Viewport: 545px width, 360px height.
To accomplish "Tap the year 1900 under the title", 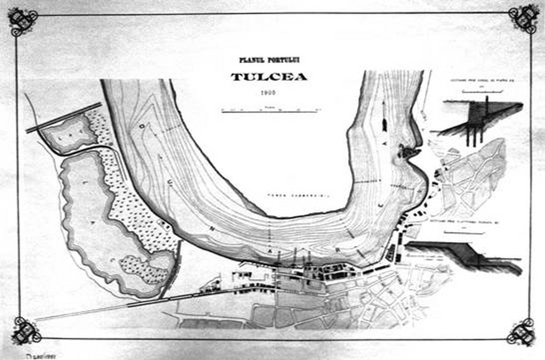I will pyautogui.click(x=268, y=94).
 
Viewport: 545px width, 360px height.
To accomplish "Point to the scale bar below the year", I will pyautogui.click(x=270, y=110).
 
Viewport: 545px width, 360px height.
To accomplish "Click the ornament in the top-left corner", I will pyautogui.click(x=23, y=21).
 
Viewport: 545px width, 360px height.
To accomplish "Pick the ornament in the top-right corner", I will pyautogui.click(x=523, y=18).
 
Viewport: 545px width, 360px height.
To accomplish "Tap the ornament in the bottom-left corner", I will pyautogui.click(x=26, y=331).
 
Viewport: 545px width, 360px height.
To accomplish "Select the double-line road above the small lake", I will pyautogui.click(x=64, y=117).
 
